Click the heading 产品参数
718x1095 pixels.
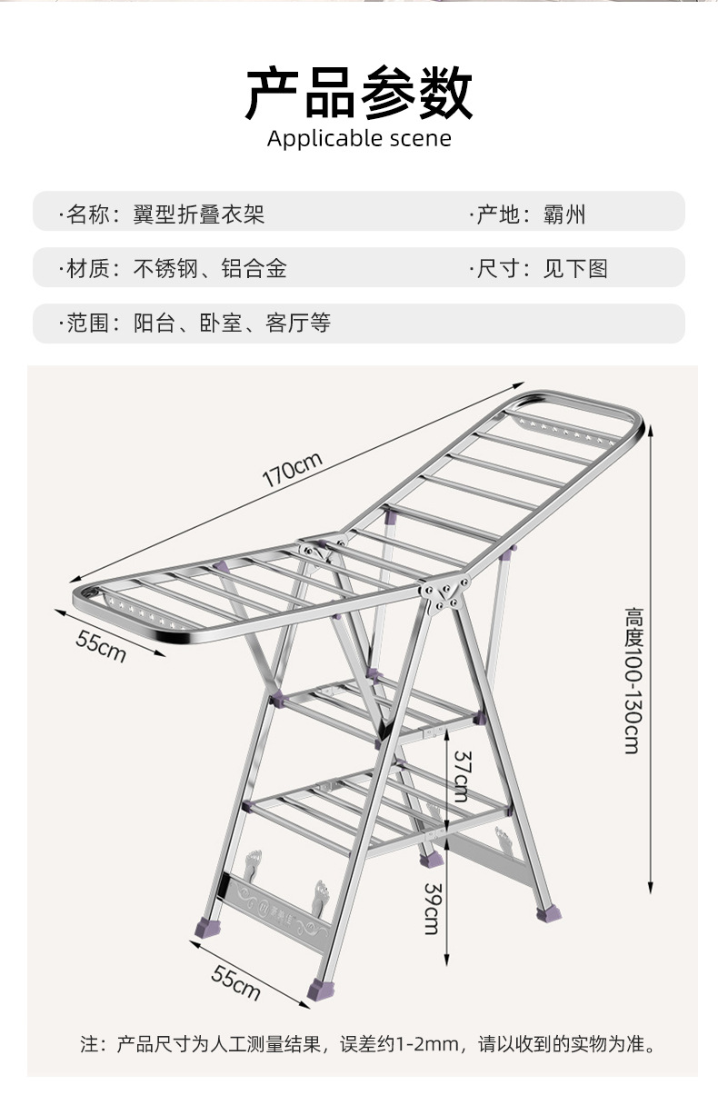(359, 94)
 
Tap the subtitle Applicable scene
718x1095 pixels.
(359, 139)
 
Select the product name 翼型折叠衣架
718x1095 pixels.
(199, 214)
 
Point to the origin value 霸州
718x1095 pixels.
(564, 214)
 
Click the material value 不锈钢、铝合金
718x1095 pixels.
(210, 269)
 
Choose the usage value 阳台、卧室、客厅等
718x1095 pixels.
(232, 324)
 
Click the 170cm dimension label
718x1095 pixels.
(293, 473)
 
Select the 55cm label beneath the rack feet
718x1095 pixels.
(236, 983)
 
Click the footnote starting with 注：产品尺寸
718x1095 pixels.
(367, 1044)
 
